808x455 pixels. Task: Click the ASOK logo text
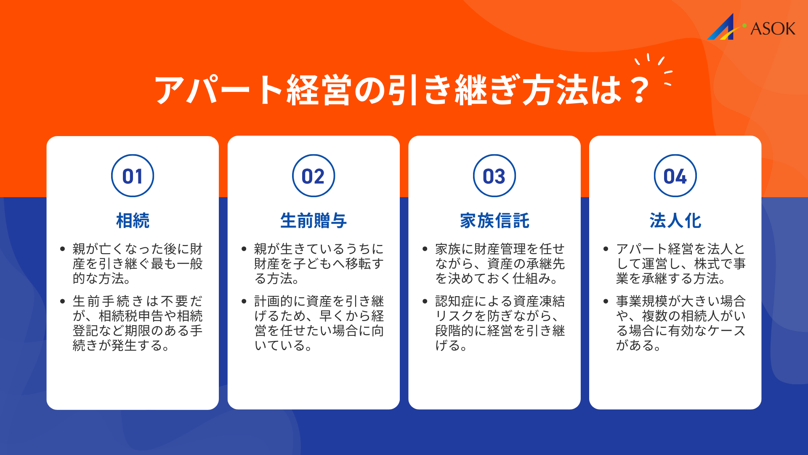(x=773, y=29)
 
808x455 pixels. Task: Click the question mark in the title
(x=640, y=90)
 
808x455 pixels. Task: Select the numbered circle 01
(x=133, y=176)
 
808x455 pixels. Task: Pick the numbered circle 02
(x=314, y=176)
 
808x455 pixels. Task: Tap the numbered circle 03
(x=494, y=176)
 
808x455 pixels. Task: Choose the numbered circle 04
(x=675, y=176)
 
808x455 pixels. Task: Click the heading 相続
(x=133, y=221)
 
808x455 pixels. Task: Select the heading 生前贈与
(x=314, y=221)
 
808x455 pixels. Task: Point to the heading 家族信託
(x=494, y=221)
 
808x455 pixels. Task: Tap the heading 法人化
(x=675, y=221)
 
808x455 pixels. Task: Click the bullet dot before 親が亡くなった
(x=63, y=249)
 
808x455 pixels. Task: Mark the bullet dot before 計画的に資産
(x=244, y=301)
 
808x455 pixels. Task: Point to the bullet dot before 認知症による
(x=425, y=301)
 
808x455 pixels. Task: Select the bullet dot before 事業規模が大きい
(x=606, y=301)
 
